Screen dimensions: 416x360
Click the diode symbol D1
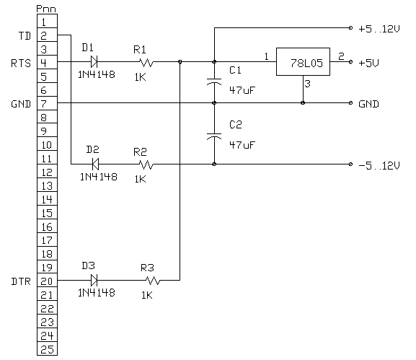[94, 62]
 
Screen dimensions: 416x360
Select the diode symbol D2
[95, 164]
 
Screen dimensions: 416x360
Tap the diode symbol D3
[94, 280]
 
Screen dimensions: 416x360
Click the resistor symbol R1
[146, 62]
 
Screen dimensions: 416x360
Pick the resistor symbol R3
[153, 281]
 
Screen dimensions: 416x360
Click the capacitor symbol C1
[214, 82]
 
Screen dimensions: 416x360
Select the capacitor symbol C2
[214, 136]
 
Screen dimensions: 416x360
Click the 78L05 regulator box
[303, 61]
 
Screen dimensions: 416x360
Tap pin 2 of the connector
[48, 35]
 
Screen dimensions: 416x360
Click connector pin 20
[48, 281]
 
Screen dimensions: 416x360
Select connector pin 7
[48, 103]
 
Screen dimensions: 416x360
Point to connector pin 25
[48, 349]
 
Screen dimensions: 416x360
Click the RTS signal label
[21, 63]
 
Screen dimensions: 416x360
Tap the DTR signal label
[21, 281]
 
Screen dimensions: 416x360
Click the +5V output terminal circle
[350, 62]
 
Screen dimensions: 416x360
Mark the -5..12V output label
[379, 165]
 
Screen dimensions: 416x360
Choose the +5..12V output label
[379, 29]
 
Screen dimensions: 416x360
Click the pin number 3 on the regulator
[307, 84]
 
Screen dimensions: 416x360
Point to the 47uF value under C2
[242, 145]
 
